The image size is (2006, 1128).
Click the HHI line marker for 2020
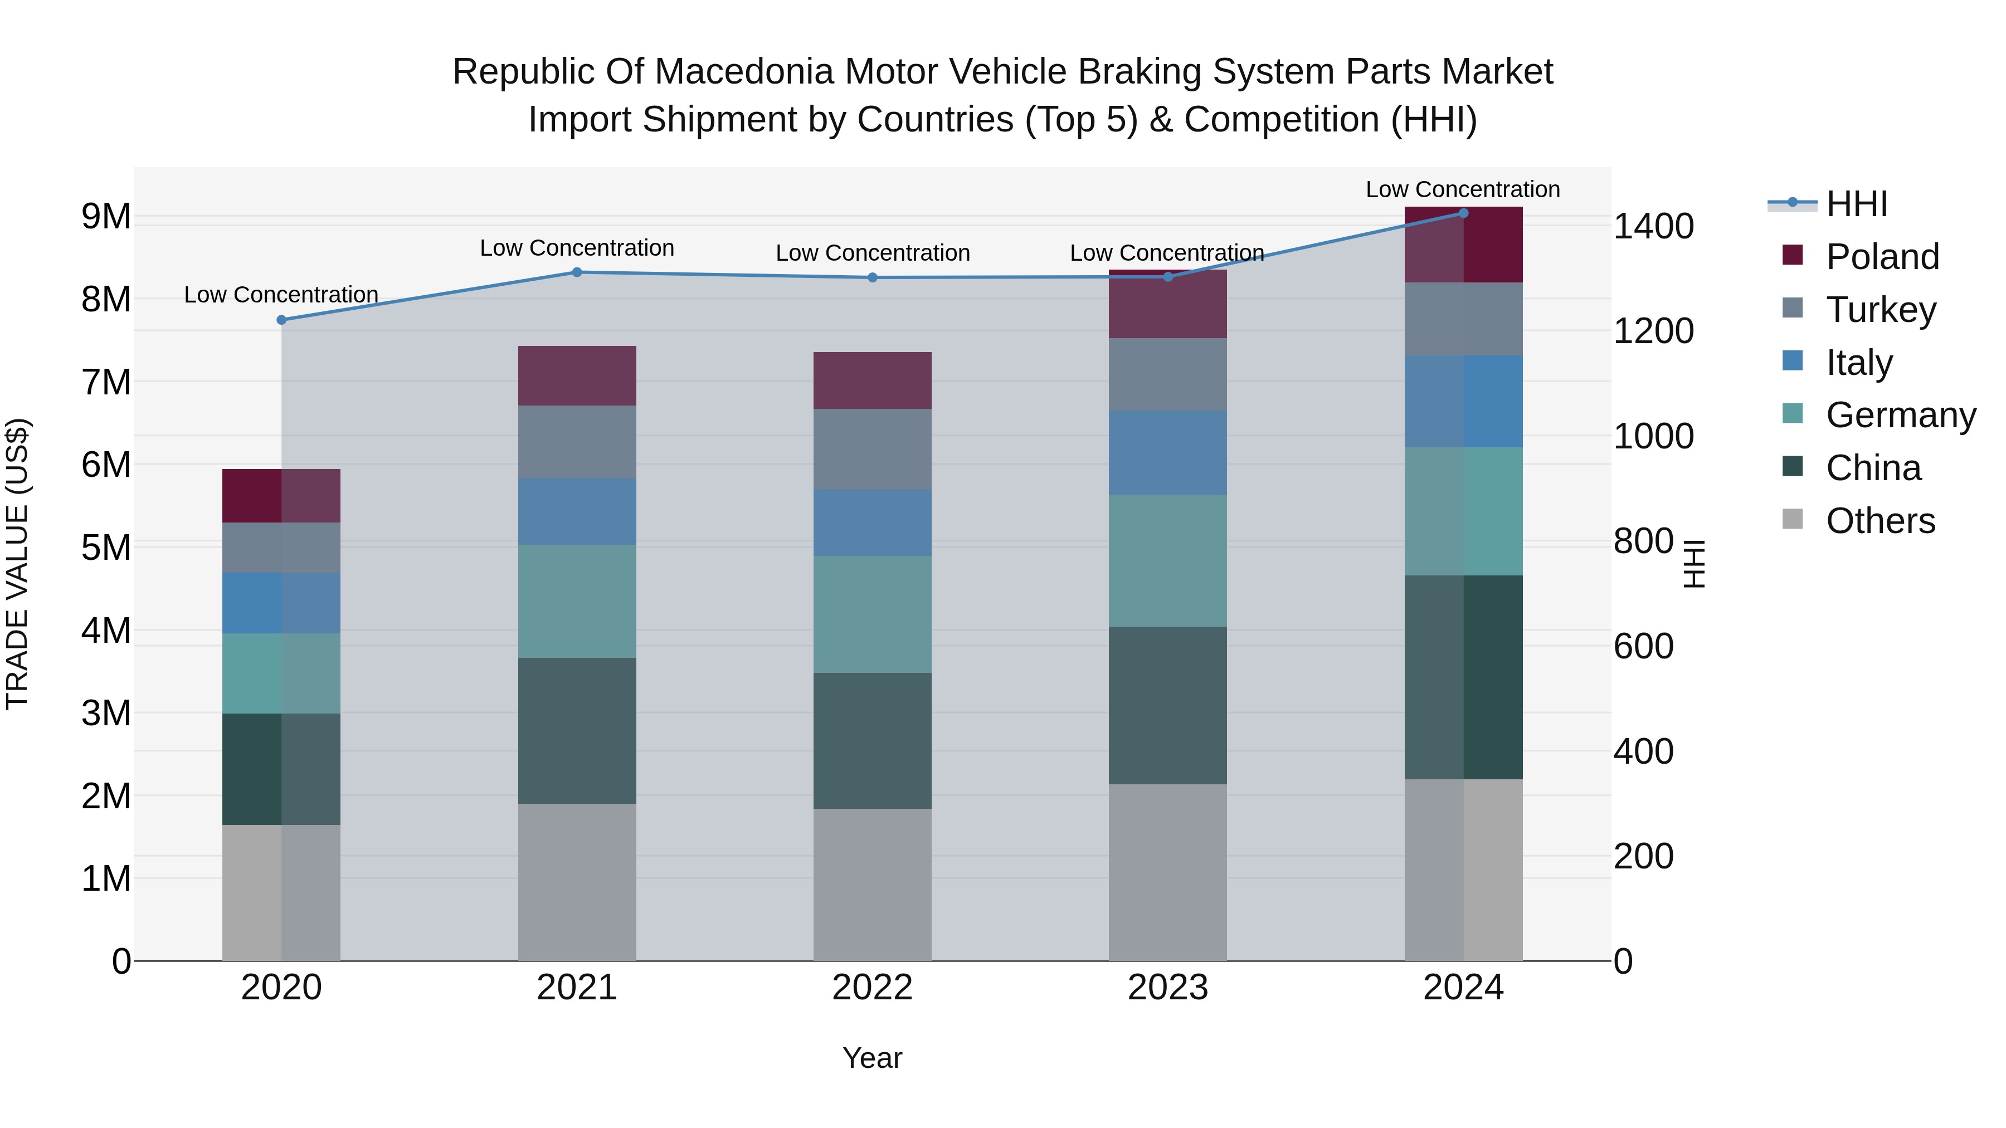coord(281,320)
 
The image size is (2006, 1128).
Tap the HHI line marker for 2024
coord(1463,213)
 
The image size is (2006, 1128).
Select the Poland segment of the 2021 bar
coord(577,376)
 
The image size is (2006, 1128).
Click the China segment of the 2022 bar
coord(872,740)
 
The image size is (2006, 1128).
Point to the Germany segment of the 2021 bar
coord(577,601)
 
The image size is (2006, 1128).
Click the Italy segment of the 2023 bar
coord(1167,452)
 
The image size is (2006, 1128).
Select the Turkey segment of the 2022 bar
coord(872,449)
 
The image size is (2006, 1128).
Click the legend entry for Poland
coord(1881,257)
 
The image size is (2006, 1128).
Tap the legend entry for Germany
coord(1900,415)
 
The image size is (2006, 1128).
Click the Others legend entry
coord(1880,521)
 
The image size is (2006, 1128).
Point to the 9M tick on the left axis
coord(106,217)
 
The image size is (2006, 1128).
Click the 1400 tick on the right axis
coord(1653,227)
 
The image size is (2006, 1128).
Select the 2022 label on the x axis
coord(872,988)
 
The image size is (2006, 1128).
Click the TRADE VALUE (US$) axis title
coord(17,564)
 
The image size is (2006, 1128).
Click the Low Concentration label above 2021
coord(577,248)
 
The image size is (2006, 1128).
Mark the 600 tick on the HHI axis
coord(1643,646)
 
